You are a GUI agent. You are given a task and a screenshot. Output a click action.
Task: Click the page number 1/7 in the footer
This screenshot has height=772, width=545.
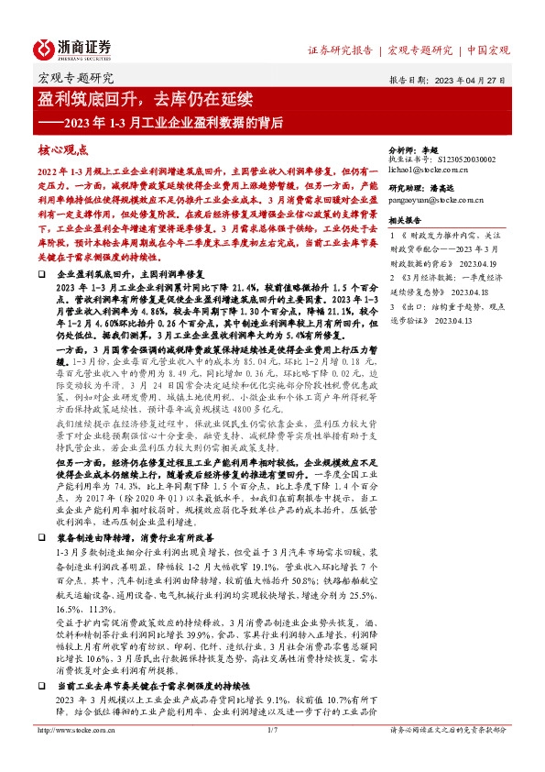pyautogui.click(x=272, y=755)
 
